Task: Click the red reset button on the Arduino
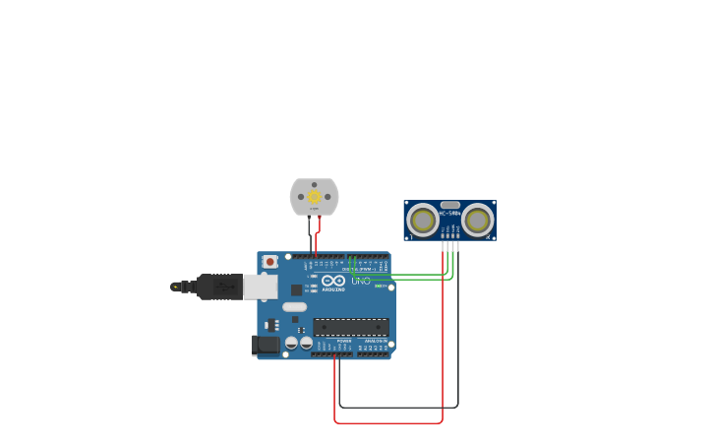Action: tap(269, 262)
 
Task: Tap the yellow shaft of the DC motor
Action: tap(314, 196)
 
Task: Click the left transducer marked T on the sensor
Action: tap(423, 221)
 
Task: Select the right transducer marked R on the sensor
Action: tap(478, 221)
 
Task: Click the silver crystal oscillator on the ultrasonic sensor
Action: tap(450, 205)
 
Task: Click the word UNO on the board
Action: tap(361, 281)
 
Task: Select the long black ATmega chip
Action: tap(351, 327)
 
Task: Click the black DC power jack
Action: tap(265, 345)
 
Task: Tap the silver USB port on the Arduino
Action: tap(260, 287)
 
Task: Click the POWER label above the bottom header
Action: tap(344, 341)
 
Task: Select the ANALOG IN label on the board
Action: tap(375, 341)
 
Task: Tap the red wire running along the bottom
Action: tap(388, 423)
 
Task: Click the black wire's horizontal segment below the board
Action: tap(398, 407)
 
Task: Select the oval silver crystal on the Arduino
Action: tap(295, 307)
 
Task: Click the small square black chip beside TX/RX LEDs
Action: tap(296, 289)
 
